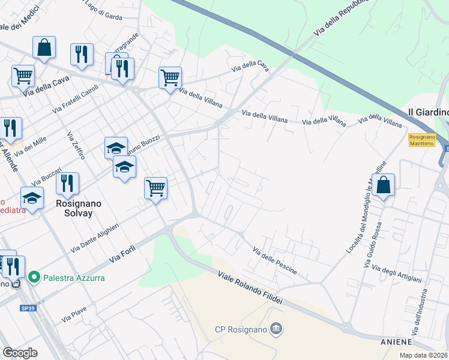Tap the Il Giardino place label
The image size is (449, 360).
(x=428, y=112)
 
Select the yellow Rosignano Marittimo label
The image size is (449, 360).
(x=422, y=140)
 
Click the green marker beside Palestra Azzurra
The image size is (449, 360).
(x=34, y=277)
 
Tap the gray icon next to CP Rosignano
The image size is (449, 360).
(x=276, y=328)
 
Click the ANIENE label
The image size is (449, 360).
(x=396, y=342)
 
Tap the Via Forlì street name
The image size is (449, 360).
(x=124, y=252)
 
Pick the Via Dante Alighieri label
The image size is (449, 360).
(x=95, y=238)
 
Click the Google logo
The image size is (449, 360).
(x=20, y=352)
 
